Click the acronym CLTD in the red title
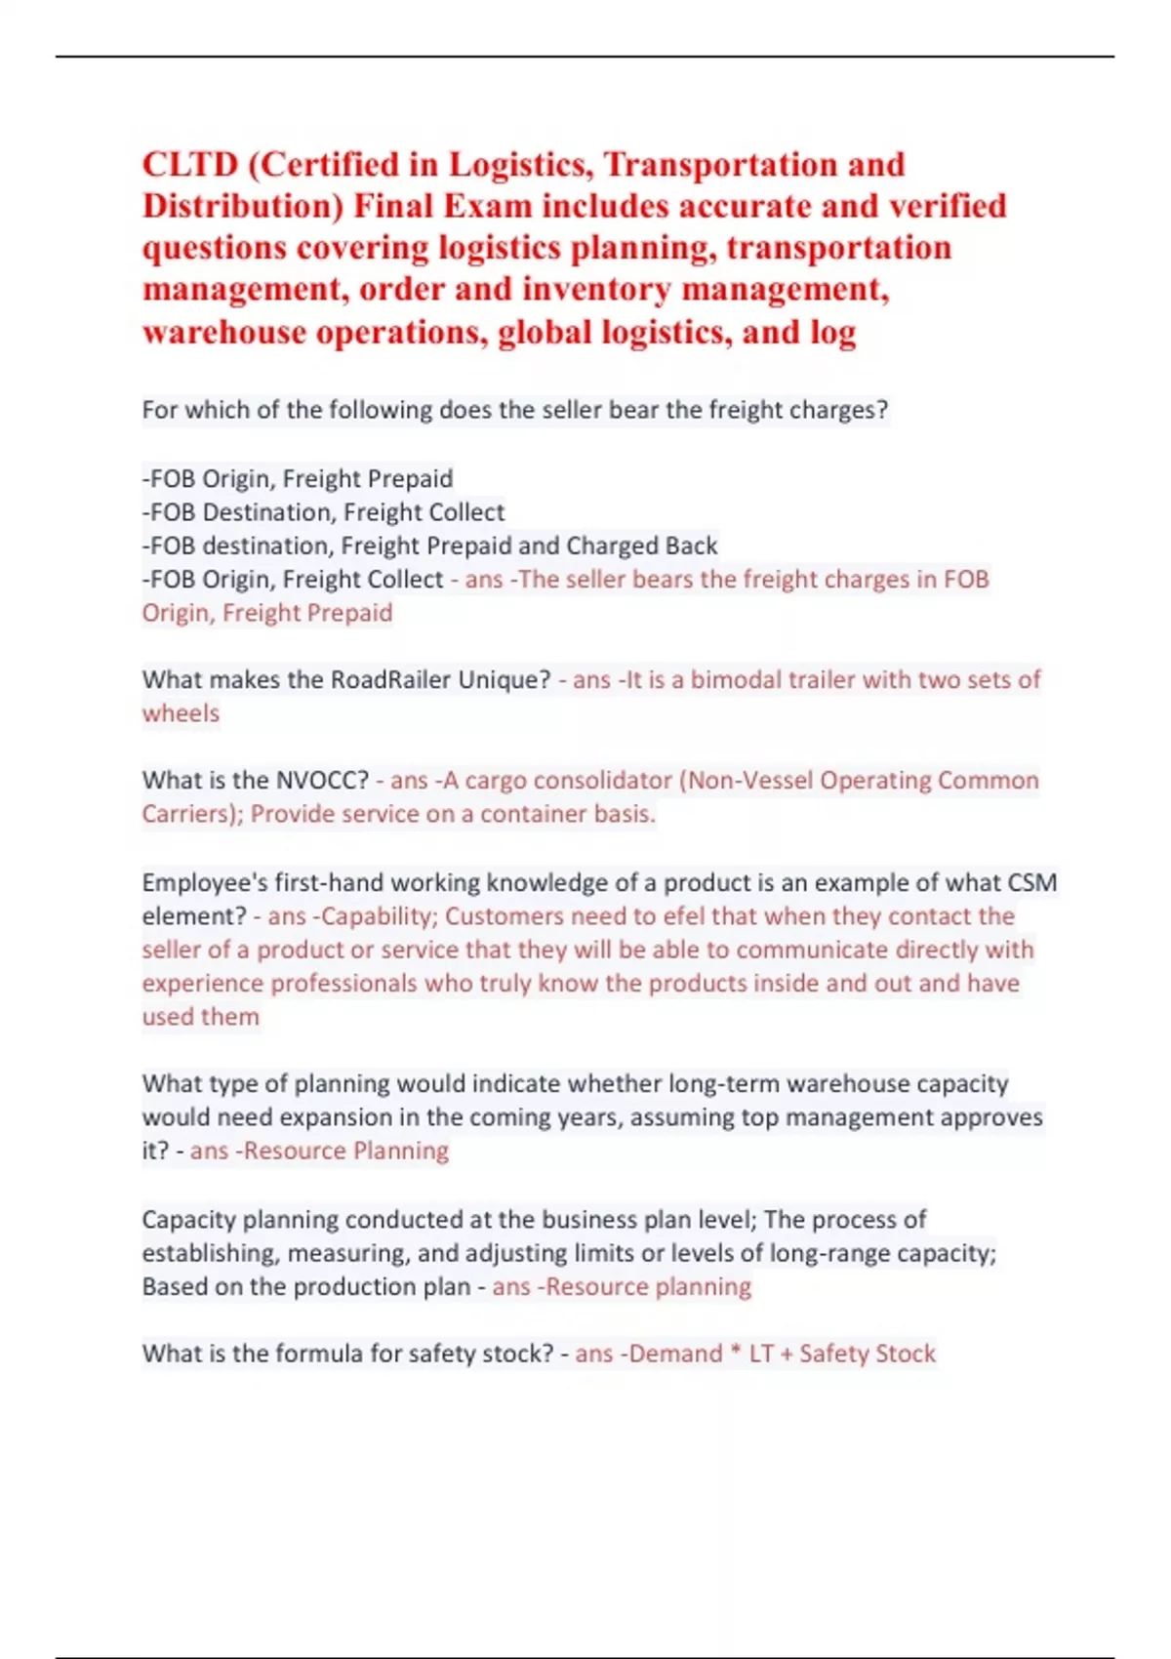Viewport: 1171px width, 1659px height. (x=190, y=164)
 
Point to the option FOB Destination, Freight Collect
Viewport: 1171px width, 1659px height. (x=325, y=512)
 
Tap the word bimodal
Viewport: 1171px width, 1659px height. (x=737, y=679)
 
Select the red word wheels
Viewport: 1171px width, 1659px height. (x=181, y=713)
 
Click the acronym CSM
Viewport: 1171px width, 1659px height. (x=1031, y=883)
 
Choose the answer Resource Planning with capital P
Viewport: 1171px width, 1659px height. (x=345, y=1151)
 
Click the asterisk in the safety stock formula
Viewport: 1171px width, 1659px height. (x=736, y=1352)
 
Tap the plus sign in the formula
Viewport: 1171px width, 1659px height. (x=787, y=1355)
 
